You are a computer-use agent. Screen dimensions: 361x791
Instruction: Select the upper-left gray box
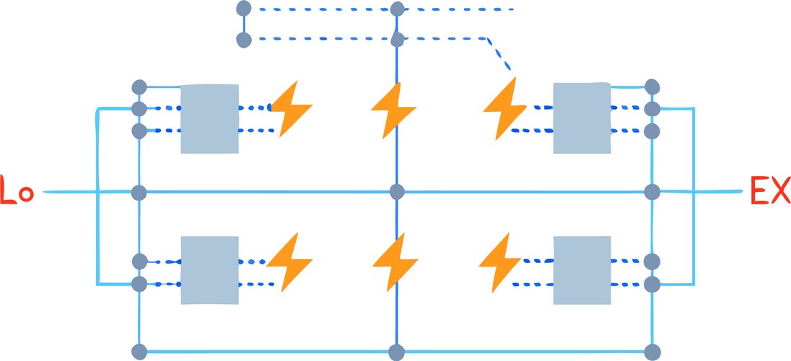[x=209, y=118]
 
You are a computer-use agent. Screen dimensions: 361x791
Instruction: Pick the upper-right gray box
[x=582, y=118]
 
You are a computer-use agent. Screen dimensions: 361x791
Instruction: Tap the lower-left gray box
[x=209, y=270]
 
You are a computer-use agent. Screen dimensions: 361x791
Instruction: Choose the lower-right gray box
[x=582, y=270]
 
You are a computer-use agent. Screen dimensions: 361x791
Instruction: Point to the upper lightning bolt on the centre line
[x=393, y=110]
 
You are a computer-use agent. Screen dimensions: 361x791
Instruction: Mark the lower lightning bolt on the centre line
[x=395, y=261]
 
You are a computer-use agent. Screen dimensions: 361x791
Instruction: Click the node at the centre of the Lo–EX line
[x=396, y=191]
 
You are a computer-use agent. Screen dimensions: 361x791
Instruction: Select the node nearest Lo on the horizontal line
[x=139, y=192]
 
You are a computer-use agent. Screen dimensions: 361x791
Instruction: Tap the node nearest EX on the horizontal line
[x=652, y=192]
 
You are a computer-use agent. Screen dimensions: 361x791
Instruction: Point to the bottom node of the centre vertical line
[x=396, y=352]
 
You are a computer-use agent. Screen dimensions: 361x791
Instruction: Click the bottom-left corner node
[x=139, y=352]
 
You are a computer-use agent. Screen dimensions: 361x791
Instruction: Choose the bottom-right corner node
[x=652, y=352]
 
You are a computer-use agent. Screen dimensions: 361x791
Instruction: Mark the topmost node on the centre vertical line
[x=396, y=9]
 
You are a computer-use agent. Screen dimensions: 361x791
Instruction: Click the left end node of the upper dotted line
[x=243, y=9]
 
